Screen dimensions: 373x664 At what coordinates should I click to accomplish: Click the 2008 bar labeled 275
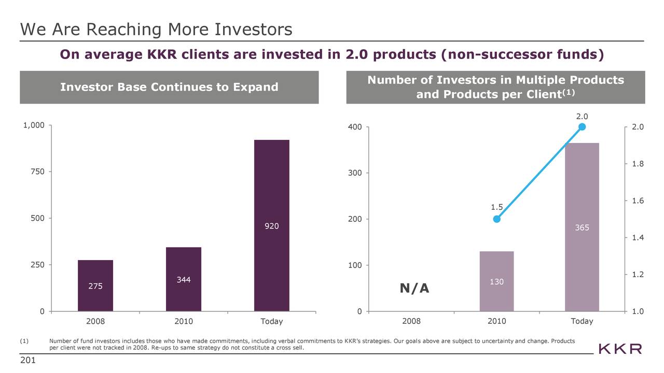(95, 285)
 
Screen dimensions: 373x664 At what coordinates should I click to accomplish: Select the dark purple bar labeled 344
(183, 279)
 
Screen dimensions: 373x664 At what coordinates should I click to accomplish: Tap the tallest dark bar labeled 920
(271, 225)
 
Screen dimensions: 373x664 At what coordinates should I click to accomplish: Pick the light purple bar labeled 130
(496, 281)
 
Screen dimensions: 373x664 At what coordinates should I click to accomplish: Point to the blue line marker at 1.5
(496, 219)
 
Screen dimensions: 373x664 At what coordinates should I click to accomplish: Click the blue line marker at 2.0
(582, 127)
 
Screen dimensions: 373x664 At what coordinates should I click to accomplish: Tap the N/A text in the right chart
(414, 288)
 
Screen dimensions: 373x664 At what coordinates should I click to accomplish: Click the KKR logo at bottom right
(620, 349)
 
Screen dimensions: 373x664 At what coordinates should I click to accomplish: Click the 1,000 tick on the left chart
(34, 125)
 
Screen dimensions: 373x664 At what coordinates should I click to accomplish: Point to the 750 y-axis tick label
(37, 171)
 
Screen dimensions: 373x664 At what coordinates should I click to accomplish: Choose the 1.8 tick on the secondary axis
(638, 164)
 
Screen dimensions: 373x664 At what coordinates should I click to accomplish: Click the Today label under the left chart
(271, 321)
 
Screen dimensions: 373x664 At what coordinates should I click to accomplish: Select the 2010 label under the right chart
(496, 321)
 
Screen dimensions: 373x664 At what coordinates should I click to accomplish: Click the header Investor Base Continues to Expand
(169, 87)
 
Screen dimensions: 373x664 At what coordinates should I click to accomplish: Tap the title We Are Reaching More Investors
(156, 30)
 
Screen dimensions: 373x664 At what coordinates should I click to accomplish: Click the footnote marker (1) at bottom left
(23, 340)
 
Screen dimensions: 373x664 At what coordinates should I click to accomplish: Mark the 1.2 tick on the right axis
(638, 275)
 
